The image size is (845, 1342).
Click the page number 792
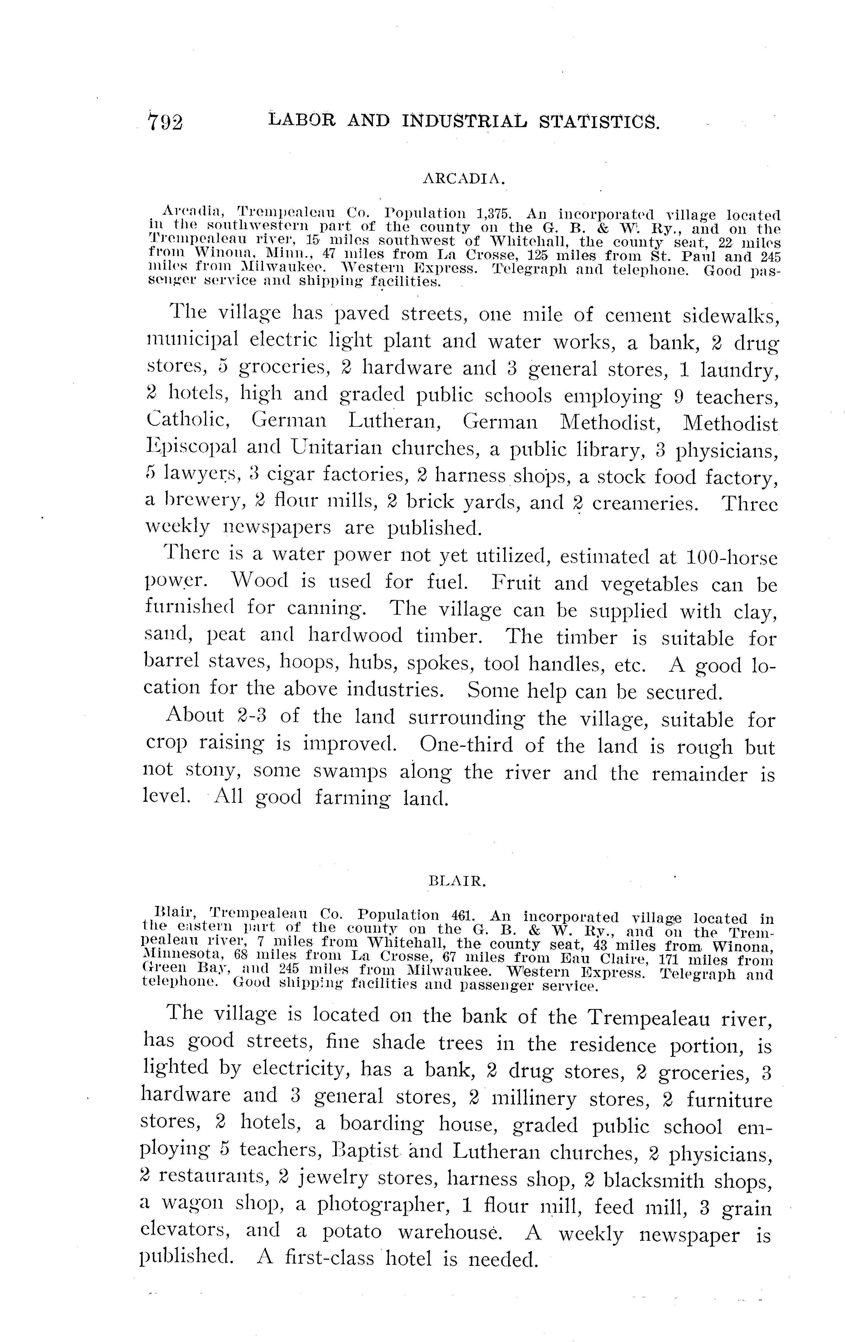(165, 122)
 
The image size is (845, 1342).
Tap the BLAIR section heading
(458, 881)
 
